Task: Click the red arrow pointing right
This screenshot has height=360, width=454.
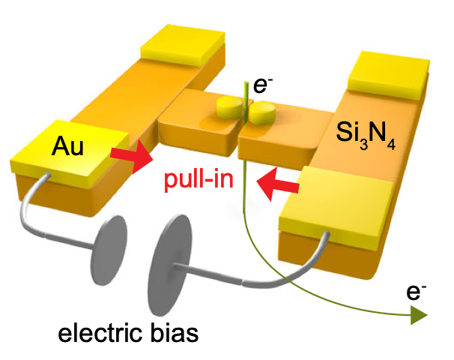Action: coord(128,158)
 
